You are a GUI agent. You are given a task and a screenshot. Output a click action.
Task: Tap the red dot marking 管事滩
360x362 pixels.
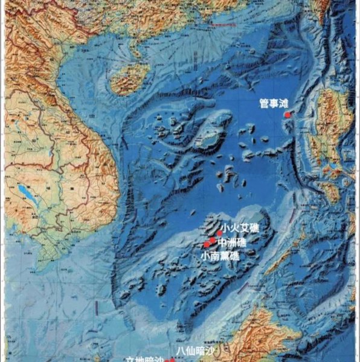click(x=288, y=114)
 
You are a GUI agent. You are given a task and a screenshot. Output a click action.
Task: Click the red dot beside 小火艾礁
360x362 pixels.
click(x=219, y=233)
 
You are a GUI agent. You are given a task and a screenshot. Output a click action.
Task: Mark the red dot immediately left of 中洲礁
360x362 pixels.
click(x=213, y=240)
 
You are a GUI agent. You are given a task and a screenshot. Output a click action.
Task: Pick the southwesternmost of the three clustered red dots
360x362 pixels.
click(x=207, y=244)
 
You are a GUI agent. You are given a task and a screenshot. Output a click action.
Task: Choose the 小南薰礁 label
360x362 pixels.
click(x=220, y=256)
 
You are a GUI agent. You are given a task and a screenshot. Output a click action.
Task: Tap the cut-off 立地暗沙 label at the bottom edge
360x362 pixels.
click(x=144, y=359)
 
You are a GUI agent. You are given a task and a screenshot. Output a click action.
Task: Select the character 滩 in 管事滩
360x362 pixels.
click(x=284, y=104)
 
